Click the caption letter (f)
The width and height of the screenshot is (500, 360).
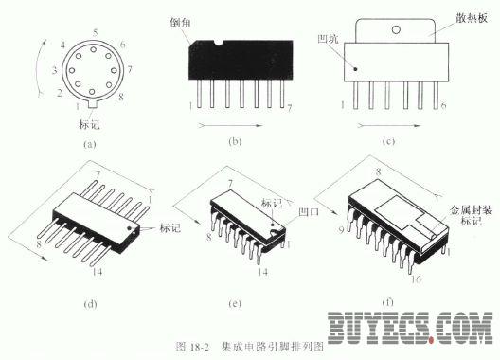pyautogui.click(x=388, y=304)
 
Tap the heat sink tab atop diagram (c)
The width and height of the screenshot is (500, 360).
pyautogui.click(x=402, y=29)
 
